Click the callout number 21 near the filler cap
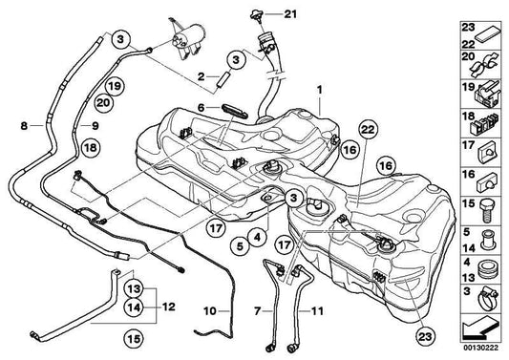click(x=290, y=14)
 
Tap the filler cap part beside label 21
click(x=257, y=16)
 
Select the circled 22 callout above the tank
click(x=368, y=130)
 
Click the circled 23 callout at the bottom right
click(x=425, y=337)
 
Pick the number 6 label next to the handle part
click(x=201, y=108)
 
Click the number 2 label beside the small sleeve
click(x=201, y=77)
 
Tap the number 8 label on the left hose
click(x=24, y=126)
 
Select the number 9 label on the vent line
click(x=95, y=126)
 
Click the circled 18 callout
click(x=91, y=148)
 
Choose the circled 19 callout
click(x=115, y=86)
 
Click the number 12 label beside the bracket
click(x=169, y=307)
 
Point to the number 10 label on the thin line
click(x=210, y=311)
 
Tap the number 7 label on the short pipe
click(x=258, y=311)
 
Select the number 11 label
click(x=317, y=311)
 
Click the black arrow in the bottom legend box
click(x=479, y=328)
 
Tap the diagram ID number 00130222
click(x=480, y=348)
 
